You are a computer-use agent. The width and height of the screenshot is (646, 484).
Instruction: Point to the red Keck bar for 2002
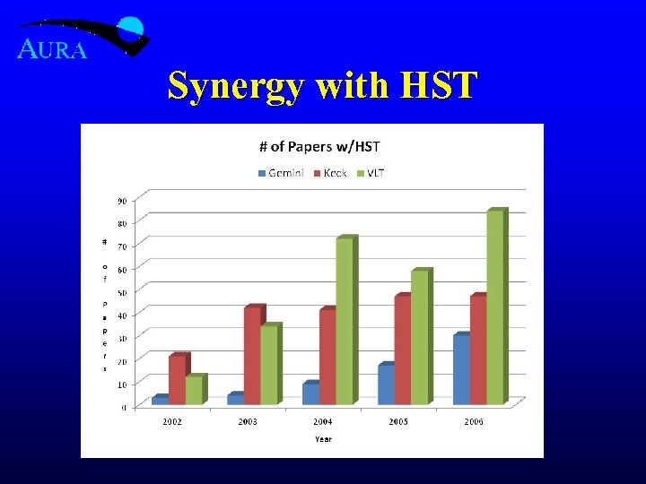click(x=178, y=380)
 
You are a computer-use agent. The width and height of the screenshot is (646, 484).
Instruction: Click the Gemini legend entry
click(x=282, y=172)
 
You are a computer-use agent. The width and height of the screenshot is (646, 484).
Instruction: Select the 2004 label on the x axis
click(x=323, y=421)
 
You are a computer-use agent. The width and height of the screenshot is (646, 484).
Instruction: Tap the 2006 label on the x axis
click(x=474, y=421)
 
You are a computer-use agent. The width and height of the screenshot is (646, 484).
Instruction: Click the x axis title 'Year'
click(x=323, y=438)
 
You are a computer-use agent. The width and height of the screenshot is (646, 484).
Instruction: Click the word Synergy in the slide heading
click(x=234, y=87)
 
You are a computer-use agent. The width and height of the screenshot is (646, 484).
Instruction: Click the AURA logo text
click(x=53, y=50)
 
